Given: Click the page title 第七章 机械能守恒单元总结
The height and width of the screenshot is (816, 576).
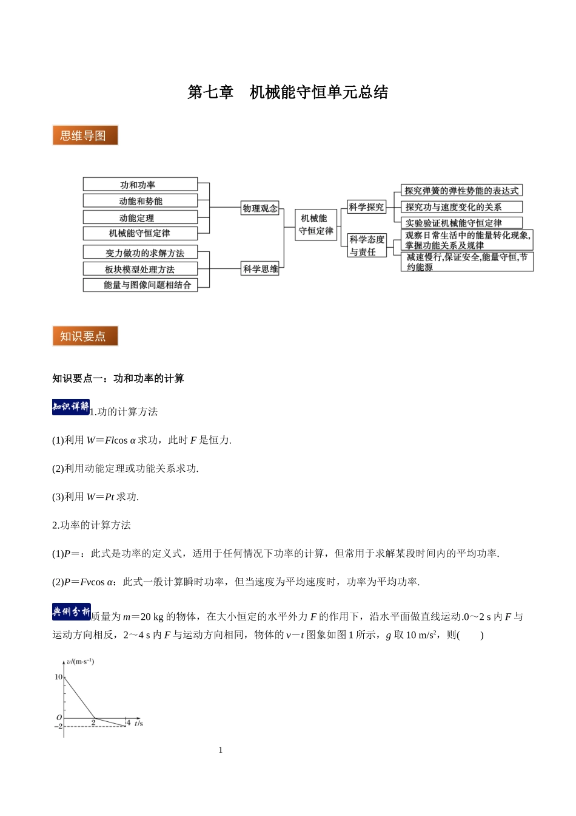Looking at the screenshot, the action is (x=287, y=92).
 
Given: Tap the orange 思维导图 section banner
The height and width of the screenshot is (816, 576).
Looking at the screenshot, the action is (x=85, y=135).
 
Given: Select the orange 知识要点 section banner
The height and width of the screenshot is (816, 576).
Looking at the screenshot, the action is (x=85, y=336).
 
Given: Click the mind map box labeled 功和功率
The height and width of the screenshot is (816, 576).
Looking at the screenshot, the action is (x=140, y=185).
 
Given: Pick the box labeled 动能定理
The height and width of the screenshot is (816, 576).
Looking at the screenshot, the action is (x=140, y=217).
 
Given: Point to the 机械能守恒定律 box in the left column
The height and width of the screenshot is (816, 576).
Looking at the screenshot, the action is (x=140, y=233).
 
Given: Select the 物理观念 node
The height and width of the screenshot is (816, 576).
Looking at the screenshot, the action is (x=260, y=208).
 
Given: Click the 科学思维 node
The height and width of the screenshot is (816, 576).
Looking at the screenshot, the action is (x=260, y=269).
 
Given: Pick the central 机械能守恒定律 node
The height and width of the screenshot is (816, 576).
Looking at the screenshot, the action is (x=316, y=225).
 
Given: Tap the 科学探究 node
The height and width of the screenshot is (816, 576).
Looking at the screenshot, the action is (x=366, y=207).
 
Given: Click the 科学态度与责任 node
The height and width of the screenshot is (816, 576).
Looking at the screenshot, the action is (x=366, y=245).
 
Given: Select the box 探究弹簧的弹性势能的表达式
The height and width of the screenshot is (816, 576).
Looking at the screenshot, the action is (x=461, y=191).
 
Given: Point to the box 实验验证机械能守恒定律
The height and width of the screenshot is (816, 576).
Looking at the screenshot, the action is (x=461, y=223).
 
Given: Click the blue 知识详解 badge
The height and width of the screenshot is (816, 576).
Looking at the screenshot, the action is (x=71, y=407).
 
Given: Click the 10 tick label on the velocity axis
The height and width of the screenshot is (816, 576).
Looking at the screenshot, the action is (x=58, y=677).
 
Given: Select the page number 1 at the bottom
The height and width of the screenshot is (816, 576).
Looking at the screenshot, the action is (x=221, y=750).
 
